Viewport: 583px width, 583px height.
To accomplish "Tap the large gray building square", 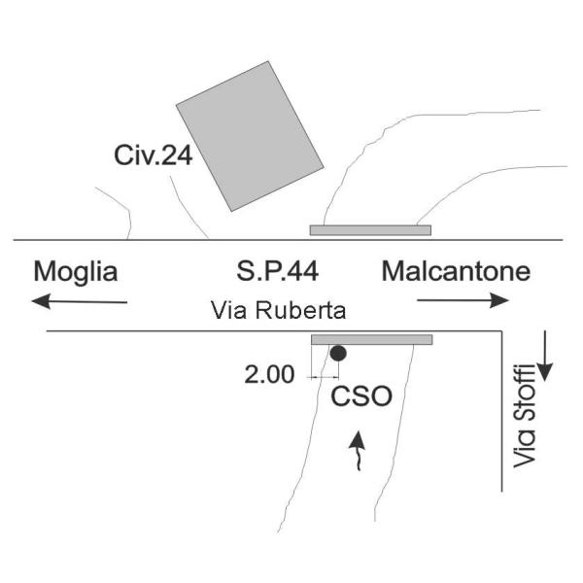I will click(x=249, y=136).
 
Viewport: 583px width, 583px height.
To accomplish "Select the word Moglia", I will click(x=75, y=271).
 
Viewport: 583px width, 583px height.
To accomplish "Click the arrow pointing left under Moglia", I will click(x=78, y=301).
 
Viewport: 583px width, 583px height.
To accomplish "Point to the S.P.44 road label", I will click(x=277, y=271).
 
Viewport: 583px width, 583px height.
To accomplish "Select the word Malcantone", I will click(x=456, y=271).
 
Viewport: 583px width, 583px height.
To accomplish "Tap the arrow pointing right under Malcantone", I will click(x=463, y=301).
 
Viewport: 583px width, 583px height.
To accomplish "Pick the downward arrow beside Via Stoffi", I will click(x=544, y=356).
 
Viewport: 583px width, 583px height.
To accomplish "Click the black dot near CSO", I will click(x=337, y=354).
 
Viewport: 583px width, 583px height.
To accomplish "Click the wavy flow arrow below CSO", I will click(x=358, y=453).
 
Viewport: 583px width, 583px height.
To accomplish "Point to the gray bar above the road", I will click(x=369, y=230).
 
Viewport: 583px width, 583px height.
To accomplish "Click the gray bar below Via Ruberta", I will click(x=371, y=339).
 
